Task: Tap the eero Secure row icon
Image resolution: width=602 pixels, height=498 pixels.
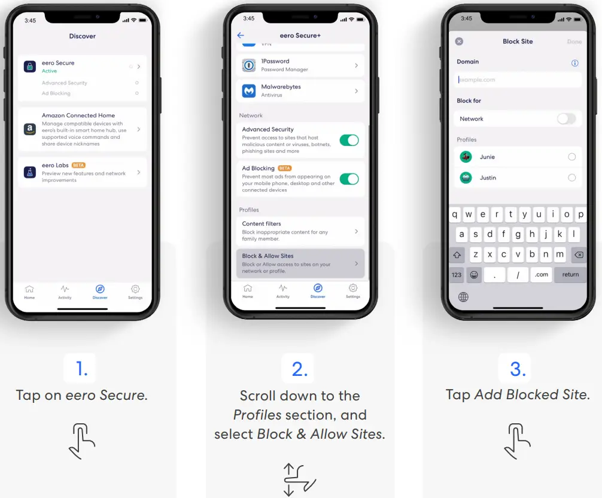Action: [x=30, y=66]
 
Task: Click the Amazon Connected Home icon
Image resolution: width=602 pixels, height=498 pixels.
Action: [x=30, y=129]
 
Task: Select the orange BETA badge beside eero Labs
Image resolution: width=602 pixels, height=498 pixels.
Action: [x=78, y=165]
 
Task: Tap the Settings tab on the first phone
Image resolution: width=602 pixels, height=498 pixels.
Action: [x=135, y=291]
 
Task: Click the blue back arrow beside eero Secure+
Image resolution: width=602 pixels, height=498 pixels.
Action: [x=241, y=35]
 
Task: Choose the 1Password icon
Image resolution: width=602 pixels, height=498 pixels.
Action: [x=249, y=65]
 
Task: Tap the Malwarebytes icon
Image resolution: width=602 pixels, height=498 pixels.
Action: [x=249, y=91]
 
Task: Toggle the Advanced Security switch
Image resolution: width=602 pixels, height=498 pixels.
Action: [x=349, y=140]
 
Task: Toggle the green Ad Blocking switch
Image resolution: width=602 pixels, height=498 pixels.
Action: [x=349, y=178]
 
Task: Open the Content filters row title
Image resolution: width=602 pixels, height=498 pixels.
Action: [x=262, y=224]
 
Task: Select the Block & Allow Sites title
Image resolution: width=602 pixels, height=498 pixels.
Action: [x=267, y=256]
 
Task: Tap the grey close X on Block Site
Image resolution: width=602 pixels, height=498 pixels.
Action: [x=459, y=41]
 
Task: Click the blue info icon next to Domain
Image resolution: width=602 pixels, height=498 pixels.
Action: [x=574, y=63]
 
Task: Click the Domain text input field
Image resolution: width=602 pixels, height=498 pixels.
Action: [x=517, y=80]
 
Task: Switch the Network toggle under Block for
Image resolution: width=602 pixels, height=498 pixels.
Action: [x=565, y=119]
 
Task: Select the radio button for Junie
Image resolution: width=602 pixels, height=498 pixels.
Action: [x=571, y=157]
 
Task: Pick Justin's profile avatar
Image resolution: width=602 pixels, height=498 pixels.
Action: [x=466, y=178]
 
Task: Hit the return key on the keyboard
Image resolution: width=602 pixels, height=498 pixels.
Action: [x=570, y=274]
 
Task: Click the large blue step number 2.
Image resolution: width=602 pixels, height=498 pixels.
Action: [x=299, y=369]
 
